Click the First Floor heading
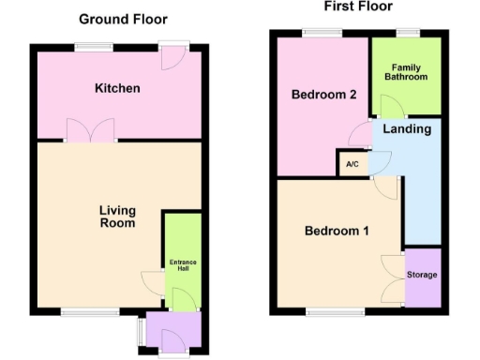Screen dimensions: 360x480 (x=358, y=7)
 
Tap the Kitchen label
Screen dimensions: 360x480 (x=118, y=88)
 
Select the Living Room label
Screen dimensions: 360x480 (x=118, y=217)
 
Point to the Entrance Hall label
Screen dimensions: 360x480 (x=182, y=263)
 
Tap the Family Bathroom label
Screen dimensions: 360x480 (x=406, y=71)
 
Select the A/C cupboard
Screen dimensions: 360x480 (x=352, y=163)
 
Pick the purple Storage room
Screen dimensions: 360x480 (x=422, y=275)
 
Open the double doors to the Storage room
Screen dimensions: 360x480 (x=394, y=277)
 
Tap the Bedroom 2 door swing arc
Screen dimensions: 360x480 (x=359, y=138)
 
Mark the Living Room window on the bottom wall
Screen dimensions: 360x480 (x=90, y=310)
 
